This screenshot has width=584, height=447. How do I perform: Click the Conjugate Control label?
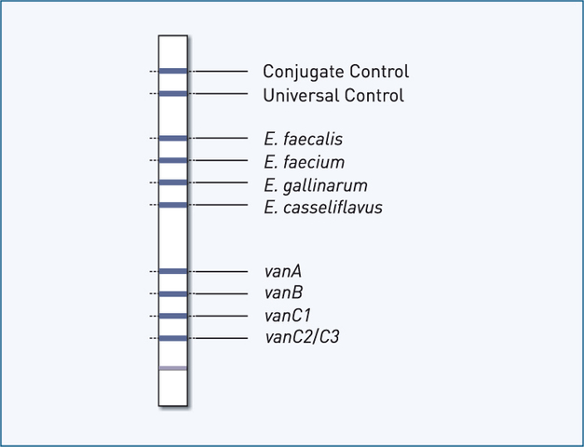(335, 72)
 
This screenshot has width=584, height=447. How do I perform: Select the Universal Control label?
(333, 95)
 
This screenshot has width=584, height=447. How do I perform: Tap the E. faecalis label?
(304, 140)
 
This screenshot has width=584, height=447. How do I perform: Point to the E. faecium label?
(305, 162)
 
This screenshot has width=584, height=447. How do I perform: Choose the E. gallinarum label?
(316, 184)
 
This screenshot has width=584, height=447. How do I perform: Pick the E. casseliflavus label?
(323, 207)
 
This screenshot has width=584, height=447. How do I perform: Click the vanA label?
(283, 272)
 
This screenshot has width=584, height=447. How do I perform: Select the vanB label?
(283, 293)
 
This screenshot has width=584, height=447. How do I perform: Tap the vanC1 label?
(288, 316)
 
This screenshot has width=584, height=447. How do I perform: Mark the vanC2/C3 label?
(303, 338)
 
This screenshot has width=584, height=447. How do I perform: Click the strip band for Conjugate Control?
(173, 71)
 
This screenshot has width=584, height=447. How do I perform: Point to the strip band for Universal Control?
(173, 93)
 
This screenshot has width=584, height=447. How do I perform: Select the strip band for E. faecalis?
(173, 138)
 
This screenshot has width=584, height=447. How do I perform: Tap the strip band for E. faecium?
(173, 160)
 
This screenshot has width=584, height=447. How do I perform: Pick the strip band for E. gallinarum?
(173, 183)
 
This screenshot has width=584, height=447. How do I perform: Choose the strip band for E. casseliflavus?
(173, 205)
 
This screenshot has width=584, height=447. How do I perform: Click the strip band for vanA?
(173, 271)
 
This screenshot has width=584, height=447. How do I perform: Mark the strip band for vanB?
(173, 293)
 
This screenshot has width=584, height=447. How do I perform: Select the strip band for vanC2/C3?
(173, 338)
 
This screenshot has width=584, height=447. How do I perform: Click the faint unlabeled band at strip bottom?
(173, 369)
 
